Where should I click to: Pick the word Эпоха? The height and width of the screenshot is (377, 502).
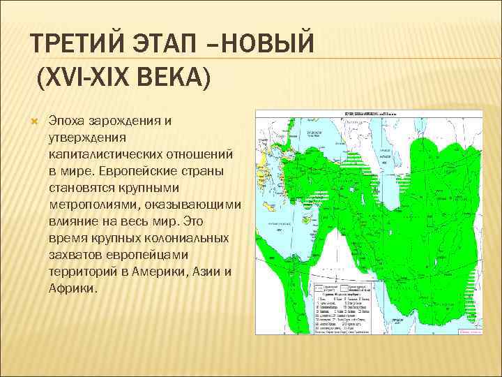(x=65, y=121)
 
